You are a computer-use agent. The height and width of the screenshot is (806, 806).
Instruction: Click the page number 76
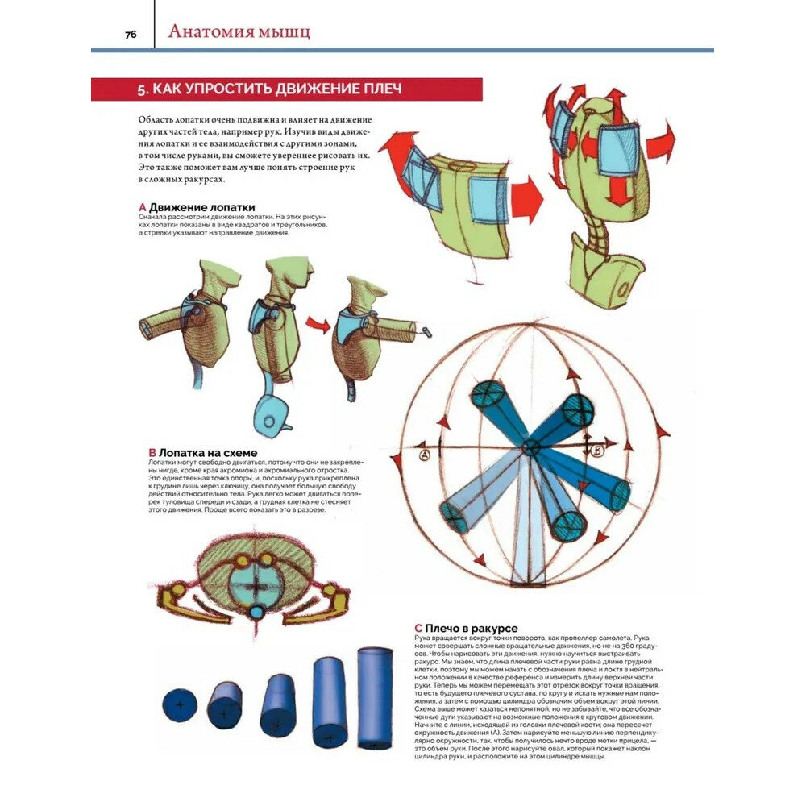[x=130, y=34]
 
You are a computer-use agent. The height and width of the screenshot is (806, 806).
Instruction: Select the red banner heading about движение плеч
[x=286, y=89]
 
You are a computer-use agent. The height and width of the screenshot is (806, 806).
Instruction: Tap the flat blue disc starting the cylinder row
[x=179, y=705]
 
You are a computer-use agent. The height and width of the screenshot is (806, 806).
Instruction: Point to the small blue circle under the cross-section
[x=256, y=613]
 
